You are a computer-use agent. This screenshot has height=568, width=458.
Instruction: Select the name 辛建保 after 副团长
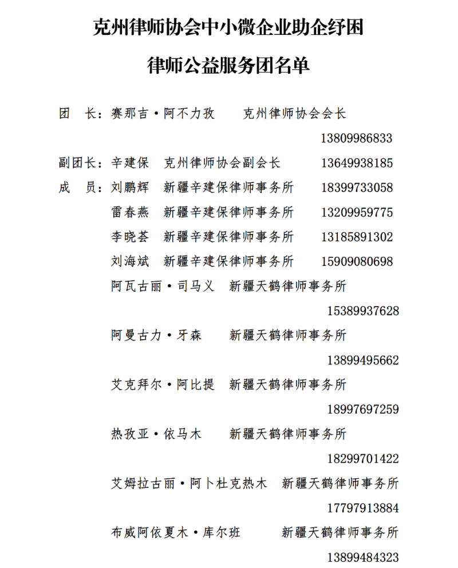[x=130, y=163]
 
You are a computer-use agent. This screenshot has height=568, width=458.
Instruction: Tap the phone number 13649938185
[x=357, y=163]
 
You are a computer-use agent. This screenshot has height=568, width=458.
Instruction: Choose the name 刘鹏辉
[x=130, y=188]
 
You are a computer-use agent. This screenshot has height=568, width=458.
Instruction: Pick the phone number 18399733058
[x=357, y=188]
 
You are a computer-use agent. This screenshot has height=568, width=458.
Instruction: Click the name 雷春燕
[x=130, y=212]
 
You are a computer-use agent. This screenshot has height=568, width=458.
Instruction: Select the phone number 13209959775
[x=357, y=212]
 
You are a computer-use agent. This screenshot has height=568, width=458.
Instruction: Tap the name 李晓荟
[x=130, y=237]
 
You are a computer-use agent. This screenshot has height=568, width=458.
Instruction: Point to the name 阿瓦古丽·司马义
[x=163, y=287]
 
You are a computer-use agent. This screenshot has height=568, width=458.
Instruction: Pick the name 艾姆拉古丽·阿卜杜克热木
[x=189, y=484]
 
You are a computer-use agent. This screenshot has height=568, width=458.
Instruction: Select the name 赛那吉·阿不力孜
[x=163, y=114]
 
